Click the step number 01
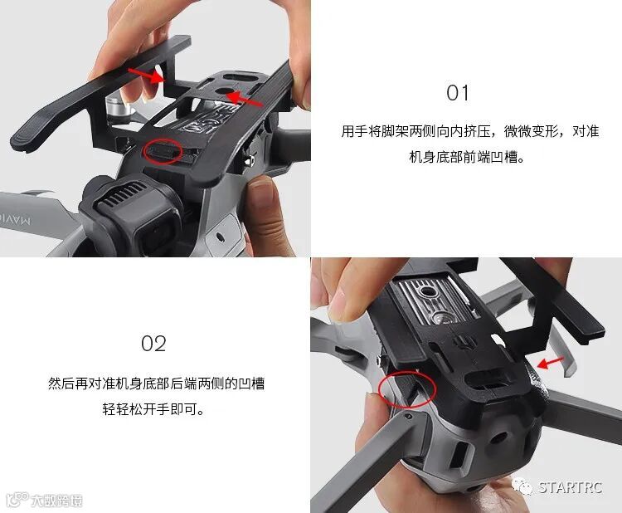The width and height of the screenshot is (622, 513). coord(457,93)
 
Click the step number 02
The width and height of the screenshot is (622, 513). coord(153,344)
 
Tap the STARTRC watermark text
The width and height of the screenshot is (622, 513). coord(570,487)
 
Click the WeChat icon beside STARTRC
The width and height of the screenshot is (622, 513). coord(522,486)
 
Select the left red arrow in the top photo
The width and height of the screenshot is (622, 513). coord(146,75)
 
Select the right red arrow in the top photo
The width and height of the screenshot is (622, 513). coord(245,99)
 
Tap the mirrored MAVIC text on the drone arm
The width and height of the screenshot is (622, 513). coord(15,219)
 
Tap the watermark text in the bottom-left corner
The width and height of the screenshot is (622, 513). coord(56,501)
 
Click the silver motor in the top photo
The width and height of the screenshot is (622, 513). coord(119,109)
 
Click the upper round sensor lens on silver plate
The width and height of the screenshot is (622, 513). coord(428,292)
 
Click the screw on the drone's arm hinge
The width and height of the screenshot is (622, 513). coord(408,416)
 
